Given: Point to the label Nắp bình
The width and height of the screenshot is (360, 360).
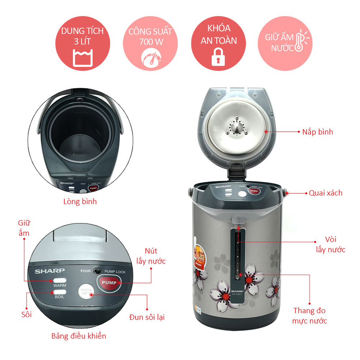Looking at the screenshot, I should coord(318,132).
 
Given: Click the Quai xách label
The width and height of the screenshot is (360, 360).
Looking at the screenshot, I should coord(325,193).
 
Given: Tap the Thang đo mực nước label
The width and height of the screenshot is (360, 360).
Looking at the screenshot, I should coord(310,316).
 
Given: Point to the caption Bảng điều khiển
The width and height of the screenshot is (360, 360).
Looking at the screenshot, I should coord(79,336).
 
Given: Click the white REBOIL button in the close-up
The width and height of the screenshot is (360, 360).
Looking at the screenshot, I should coord(86,292).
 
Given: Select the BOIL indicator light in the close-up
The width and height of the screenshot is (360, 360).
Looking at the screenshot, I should coord(60,292).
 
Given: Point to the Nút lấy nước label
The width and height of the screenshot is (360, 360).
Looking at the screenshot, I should coord(151,256).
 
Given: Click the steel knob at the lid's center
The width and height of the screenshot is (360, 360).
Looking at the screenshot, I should coord(236,127).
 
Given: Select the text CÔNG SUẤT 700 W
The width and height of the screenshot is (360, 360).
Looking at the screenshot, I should coord(151,36).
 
